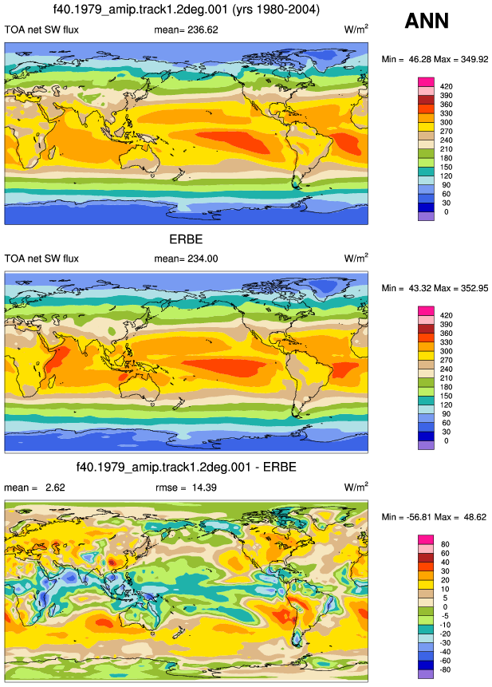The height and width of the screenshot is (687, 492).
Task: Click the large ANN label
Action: click(427, 21)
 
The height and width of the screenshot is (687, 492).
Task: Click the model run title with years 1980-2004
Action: click(187, 10)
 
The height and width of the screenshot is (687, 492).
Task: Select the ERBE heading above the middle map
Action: click(186, 239)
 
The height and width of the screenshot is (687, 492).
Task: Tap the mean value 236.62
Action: click(203, 30)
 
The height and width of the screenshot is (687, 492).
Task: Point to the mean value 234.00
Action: click(203, 259)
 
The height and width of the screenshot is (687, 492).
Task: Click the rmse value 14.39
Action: click(204, 488)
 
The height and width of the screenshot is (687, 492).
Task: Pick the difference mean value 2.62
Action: click(55, 488)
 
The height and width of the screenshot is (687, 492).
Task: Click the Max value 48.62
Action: click(475, 517)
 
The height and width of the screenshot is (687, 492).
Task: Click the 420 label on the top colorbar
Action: click(446, 86)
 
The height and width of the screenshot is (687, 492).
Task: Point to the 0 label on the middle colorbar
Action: click(446, 440)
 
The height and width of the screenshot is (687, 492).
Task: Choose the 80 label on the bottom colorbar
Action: click(445, 544)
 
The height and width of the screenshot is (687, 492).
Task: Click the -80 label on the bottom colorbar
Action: click(445, 669)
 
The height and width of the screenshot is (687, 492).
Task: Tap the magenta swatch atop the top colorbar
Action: click(427, 82)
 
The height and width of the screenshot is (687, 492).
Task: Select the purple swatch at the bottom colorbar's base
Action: click(427, 674)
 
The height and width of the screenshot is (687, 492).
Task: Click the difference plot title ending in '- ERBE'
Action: click(187, 467)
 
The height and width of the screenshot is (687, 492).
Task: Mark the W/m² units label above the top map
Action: click(356, 29)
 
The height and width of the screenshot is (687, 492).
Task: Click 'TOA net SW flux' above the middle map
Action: click(41, 259)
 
